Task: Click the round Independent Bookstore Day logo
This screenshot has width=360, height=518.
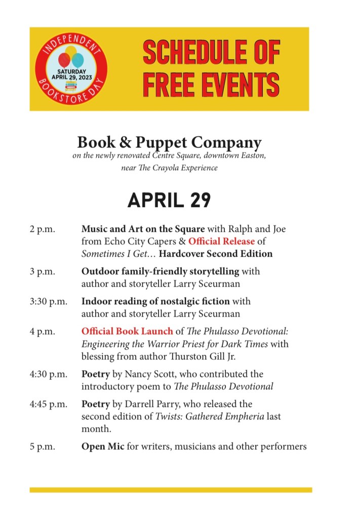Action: pyautogui.click(x=71, y=69)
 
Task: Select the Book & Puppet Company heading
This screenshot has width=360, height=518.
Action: pyautogui.click(x=169, y=142)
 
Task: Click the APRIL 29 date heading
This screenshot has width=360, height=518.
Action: pyautogui.click(x=169, y=201)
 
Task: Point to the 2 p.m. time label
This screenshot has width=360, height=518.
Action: pyautogui.click(x=42, y=229)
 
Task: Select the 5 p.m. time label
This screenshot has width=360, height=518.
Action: pyautogui.click(x=42, y=447)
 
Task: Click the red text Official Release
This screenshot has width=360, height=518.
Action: pyautogui.click(x=221, y=242)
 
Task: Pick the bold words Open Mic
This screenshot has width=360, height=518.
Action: pyautogui.click(x=100, y=447)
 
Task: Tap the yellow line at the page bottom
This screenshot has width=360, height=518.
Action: pyautogui.click(x=171, y=490)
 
